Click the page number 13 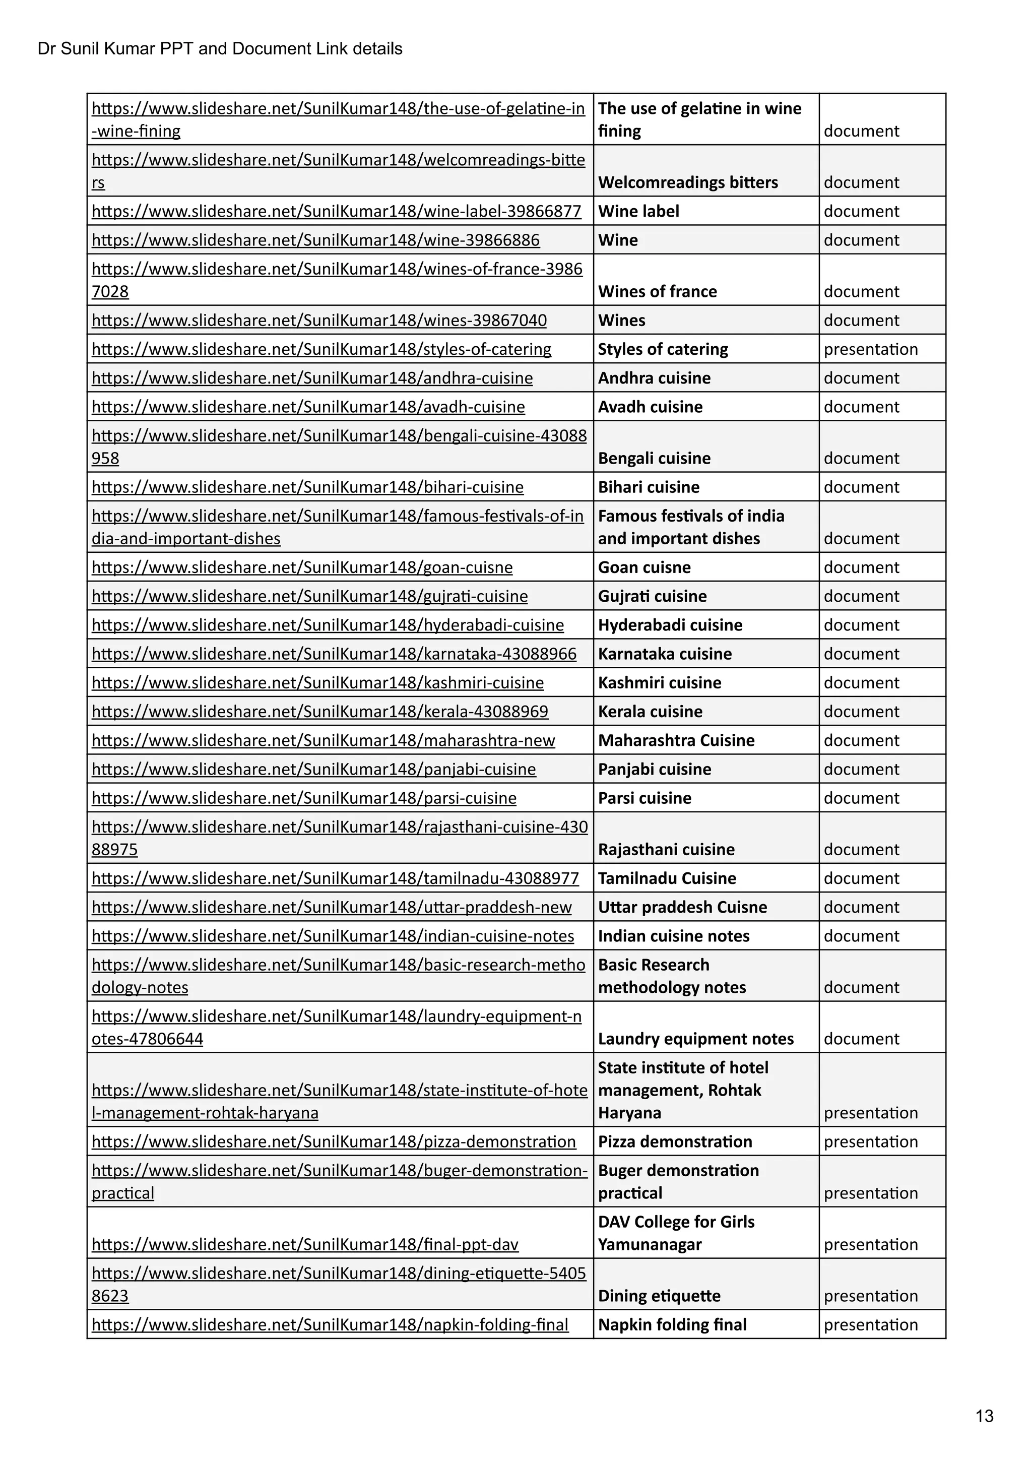tap(984, 1416)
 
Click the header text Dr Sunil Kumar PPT tap(220, 49)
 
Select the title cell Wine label tap(638, 211)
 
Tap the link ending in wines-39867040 tap(319, 321)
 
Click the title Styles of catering tap(663, 349)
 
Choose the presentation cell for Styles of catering tap(870, 349)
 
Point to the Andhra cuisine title tap(654, 378)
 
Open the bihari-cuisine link tap(307, 487)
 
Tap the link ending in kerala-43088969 tap(319, 711)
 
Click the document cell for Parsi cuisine tap(861, 798)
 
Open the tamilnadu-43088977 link tap(335, 878)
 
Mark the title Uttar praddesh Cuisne tap(682, 907)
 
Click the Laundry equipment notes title tap(695, 1039)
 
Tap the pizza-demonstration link tap(334, 1141)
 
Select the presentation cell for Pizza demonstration tap(870, 1141)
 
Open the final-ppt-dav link tap(305, 1244)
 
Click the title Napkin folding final tap(672, 1324)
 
